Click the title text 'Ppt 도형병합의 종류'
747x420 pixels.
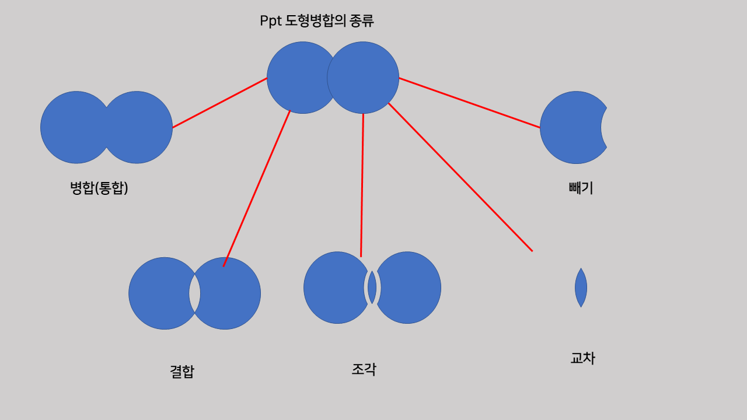(316, 21)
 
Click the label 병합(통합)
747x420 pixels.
(99, 188)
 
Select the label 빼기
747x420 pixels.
(581, 188)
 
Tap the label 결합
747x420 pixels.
(181, 372)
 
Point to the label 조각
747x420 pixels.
(364, 369)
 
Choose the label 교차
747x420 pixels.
(582, 358)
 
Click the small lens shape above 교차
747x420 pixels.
(581, 288)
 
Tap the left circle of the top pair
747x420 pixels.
(295, 78)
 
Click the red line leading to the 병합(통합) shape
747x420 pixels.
(219, 103)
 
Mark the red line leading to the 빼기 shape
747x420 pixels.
(469, 103)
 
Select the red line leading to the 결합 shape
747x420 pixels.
(257, 188)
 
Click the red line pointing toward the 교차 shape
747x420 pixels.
(460, 177)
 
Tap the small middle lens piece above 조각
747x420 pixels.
(372, 287)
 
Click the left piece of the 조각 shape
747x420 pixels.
(333, 288)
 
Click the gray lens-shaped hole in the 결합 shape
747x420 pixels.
(194, 293)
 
